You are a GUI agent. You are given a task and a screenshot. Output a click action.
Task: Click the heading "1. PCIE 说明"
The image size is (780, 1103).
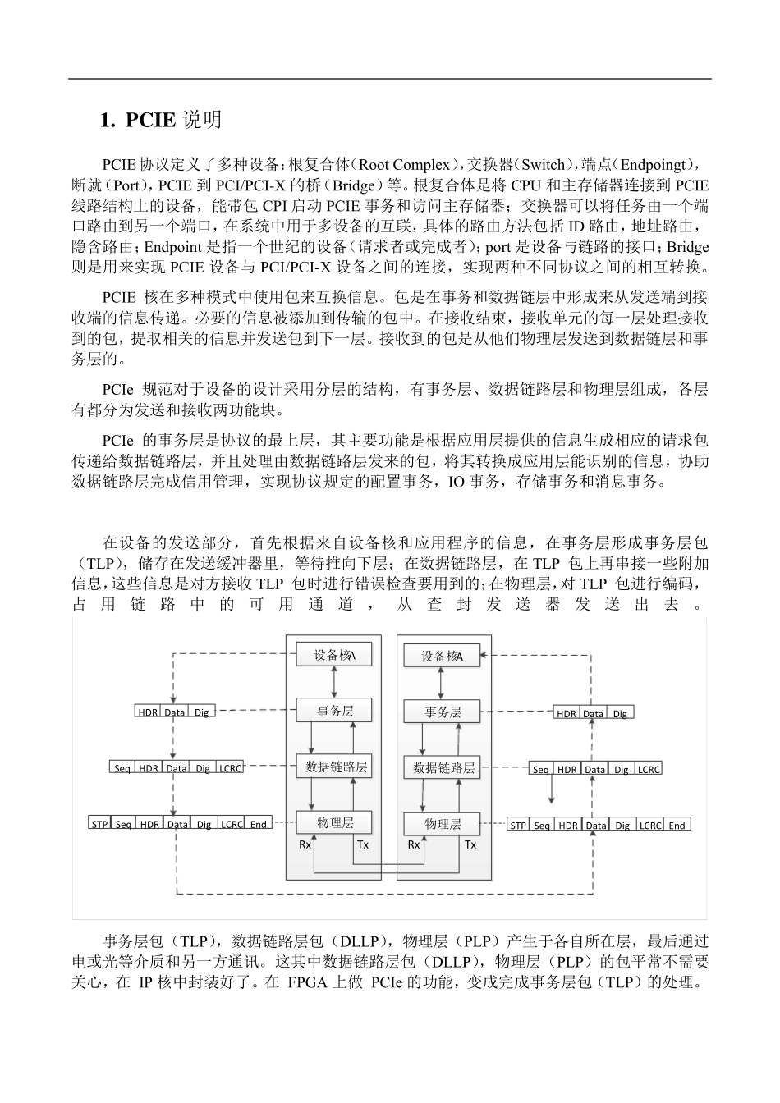(x=160, y=120)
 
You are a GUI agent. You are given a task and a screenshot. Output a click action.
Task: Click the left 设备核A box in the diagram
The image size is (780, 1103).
(x=334, y=655)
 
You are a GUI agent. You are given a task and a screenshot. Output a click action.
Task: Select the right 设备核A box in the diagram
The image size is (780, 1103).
(x=442, y=656)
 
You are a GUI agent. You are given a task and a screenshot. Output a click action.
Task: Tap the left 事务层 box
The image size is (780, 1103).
(x=334, y=711)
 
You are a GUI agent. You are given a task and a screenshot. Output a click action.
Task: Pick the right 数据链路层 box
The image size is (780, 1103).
(x=443, y=768)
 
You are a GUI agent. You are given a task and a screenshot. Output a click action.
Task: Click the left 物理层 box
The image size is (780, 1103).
(x=334, y=822)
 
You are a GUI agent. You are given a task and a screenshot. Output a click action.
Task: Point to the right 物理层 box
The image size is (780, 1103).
(x=443, y=824)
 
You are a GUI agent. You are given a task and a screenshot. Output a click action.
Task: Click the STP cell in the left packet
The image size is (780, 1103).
(x=99, y=824)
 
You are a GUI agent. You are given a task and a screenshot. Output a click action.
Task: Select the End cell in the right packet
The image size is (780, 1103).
(x=677, y=825)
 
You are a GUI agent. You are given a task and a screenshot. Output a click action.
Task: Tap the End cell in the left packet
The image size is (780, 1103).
(x=258, y=824)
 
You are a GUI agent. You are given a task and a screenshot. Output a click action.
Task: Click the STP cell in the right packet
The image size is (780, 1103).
(x=518, y=825)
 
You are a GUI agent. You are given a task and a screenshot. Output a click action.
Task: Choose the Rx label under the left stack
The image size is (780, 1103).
(x=305, y=844)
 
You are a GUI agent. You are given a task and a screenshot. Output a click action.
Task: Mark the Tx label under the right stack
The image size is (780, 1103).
(x=470, y=844)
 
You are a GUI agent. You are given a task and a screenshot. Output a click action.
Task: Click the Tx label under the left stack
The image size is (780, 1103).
(x=363, y=844)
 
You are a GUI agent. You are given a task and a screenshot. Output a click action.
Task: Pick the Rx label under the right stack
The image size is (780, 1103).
(x=414, y=844)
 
